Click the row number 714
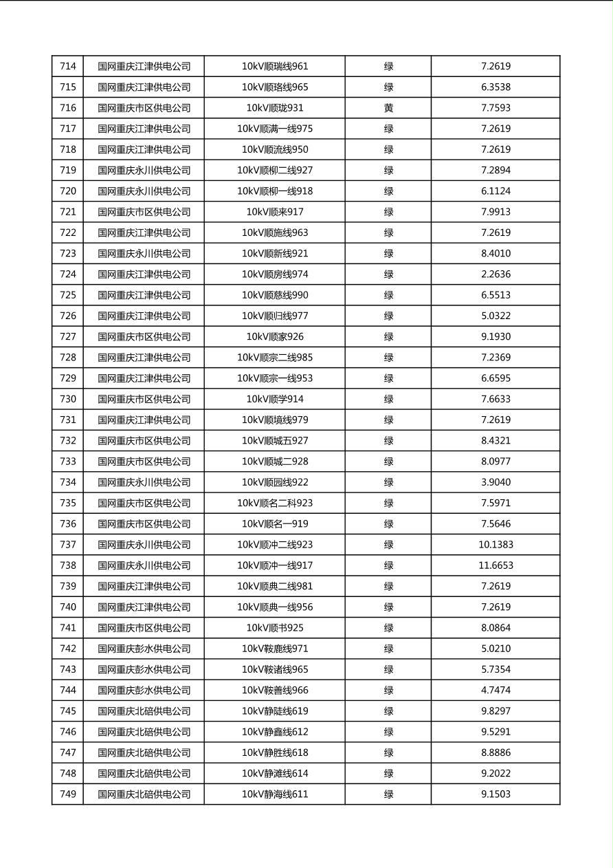(68, 67)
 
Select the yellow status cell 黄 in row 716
(388, 108)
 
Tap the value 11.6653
(495, 565)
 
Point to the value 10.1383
(495, 545)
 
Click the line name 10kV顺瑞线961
(275, 67)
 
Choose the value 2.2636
(495, 274)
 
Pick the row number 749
(68, 794)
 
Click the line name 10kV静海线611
(275, 794)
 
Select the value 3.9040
(495, 482)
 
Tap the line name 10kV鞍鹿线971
(275, 649)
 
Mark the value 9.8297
(495, 711)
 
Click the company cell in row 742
(144, 649)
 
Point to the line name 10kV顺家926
(275, 337)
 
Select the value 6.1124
(495, 191)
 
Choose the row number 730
(68, 399)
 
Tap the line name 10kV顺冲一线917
(275, 565)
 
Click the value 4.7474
(495, 691)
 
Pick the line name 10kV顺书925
(275, 628)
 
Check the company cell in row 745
(144, 711)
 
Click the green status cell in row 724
(388, 274)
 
